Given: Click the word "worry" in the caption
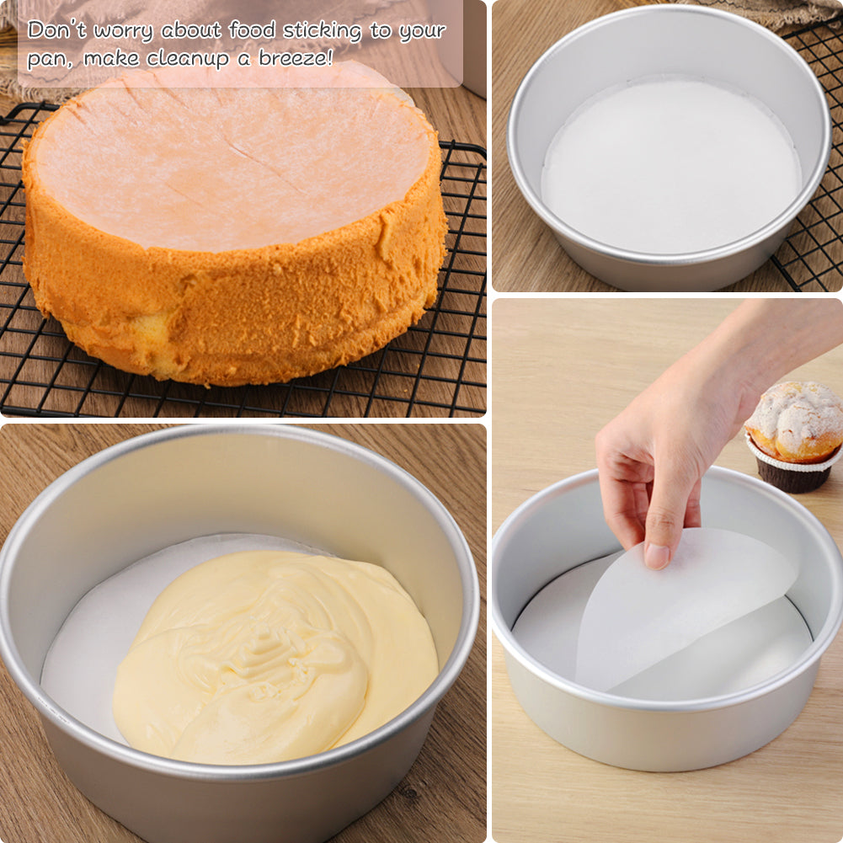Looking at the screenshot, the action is [123, 31].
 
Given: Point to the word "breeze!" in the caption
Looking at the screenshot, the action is [296, 58].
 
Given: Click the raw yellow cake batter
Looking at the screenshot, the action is [275, 656].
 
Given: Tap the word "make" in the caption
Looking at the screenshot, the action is [111, 58].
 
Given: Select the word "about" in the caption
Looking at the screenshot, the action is [191, 29].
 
